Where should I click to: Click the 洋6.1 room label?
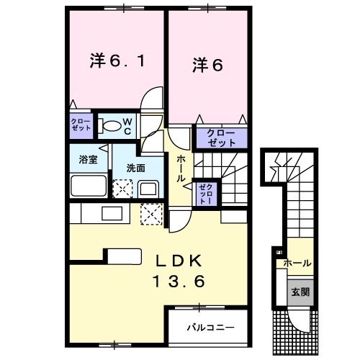(x=117, y=61)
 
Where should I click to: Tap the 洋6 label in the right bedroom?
(x=207, y=65)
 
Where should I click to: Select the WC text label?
(x=125, y=126)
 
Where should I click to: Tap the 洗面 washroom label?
(x=136, y=168)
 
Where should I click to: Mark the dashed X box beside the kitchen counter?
(x=152, y=214)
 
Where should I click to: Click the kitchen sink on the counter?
(x=112, y=214)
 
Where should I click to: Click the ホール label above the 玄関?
(x=298, y=263)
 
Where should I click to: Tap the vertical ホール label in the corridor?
(x=180, y=168)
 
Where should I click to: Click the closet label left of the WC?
(x=81, y=122)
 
